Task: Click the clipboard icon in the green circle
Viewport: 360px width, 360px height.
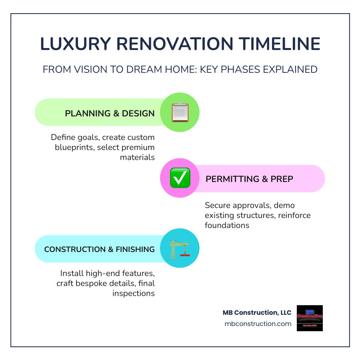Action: point(180,112)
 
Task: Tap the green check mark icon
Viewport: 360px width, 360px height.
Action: point(180,178)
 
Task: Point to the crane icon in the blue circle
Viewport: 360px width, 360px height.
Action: point(179,249)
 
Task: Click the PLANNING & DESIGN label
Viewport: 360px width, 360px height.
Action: point(110,113)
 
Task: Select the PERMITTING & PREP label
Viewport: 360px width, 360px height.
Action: point(249,179)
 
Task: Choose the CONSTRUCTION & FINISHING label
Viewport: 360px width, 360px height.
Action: point(99,249)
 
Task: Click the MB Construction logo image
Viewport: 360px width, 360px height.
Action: point(310,318)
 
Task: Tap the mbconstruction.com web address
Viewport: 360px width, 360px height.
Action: point(258,324)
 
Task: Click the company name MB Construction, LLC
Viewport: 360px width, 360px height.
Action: point(257,312)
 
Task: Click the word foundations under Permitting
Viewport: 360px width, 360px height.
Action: point(227,225)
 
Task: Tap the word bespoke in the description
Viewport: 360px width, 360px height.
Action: point(95,284)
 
